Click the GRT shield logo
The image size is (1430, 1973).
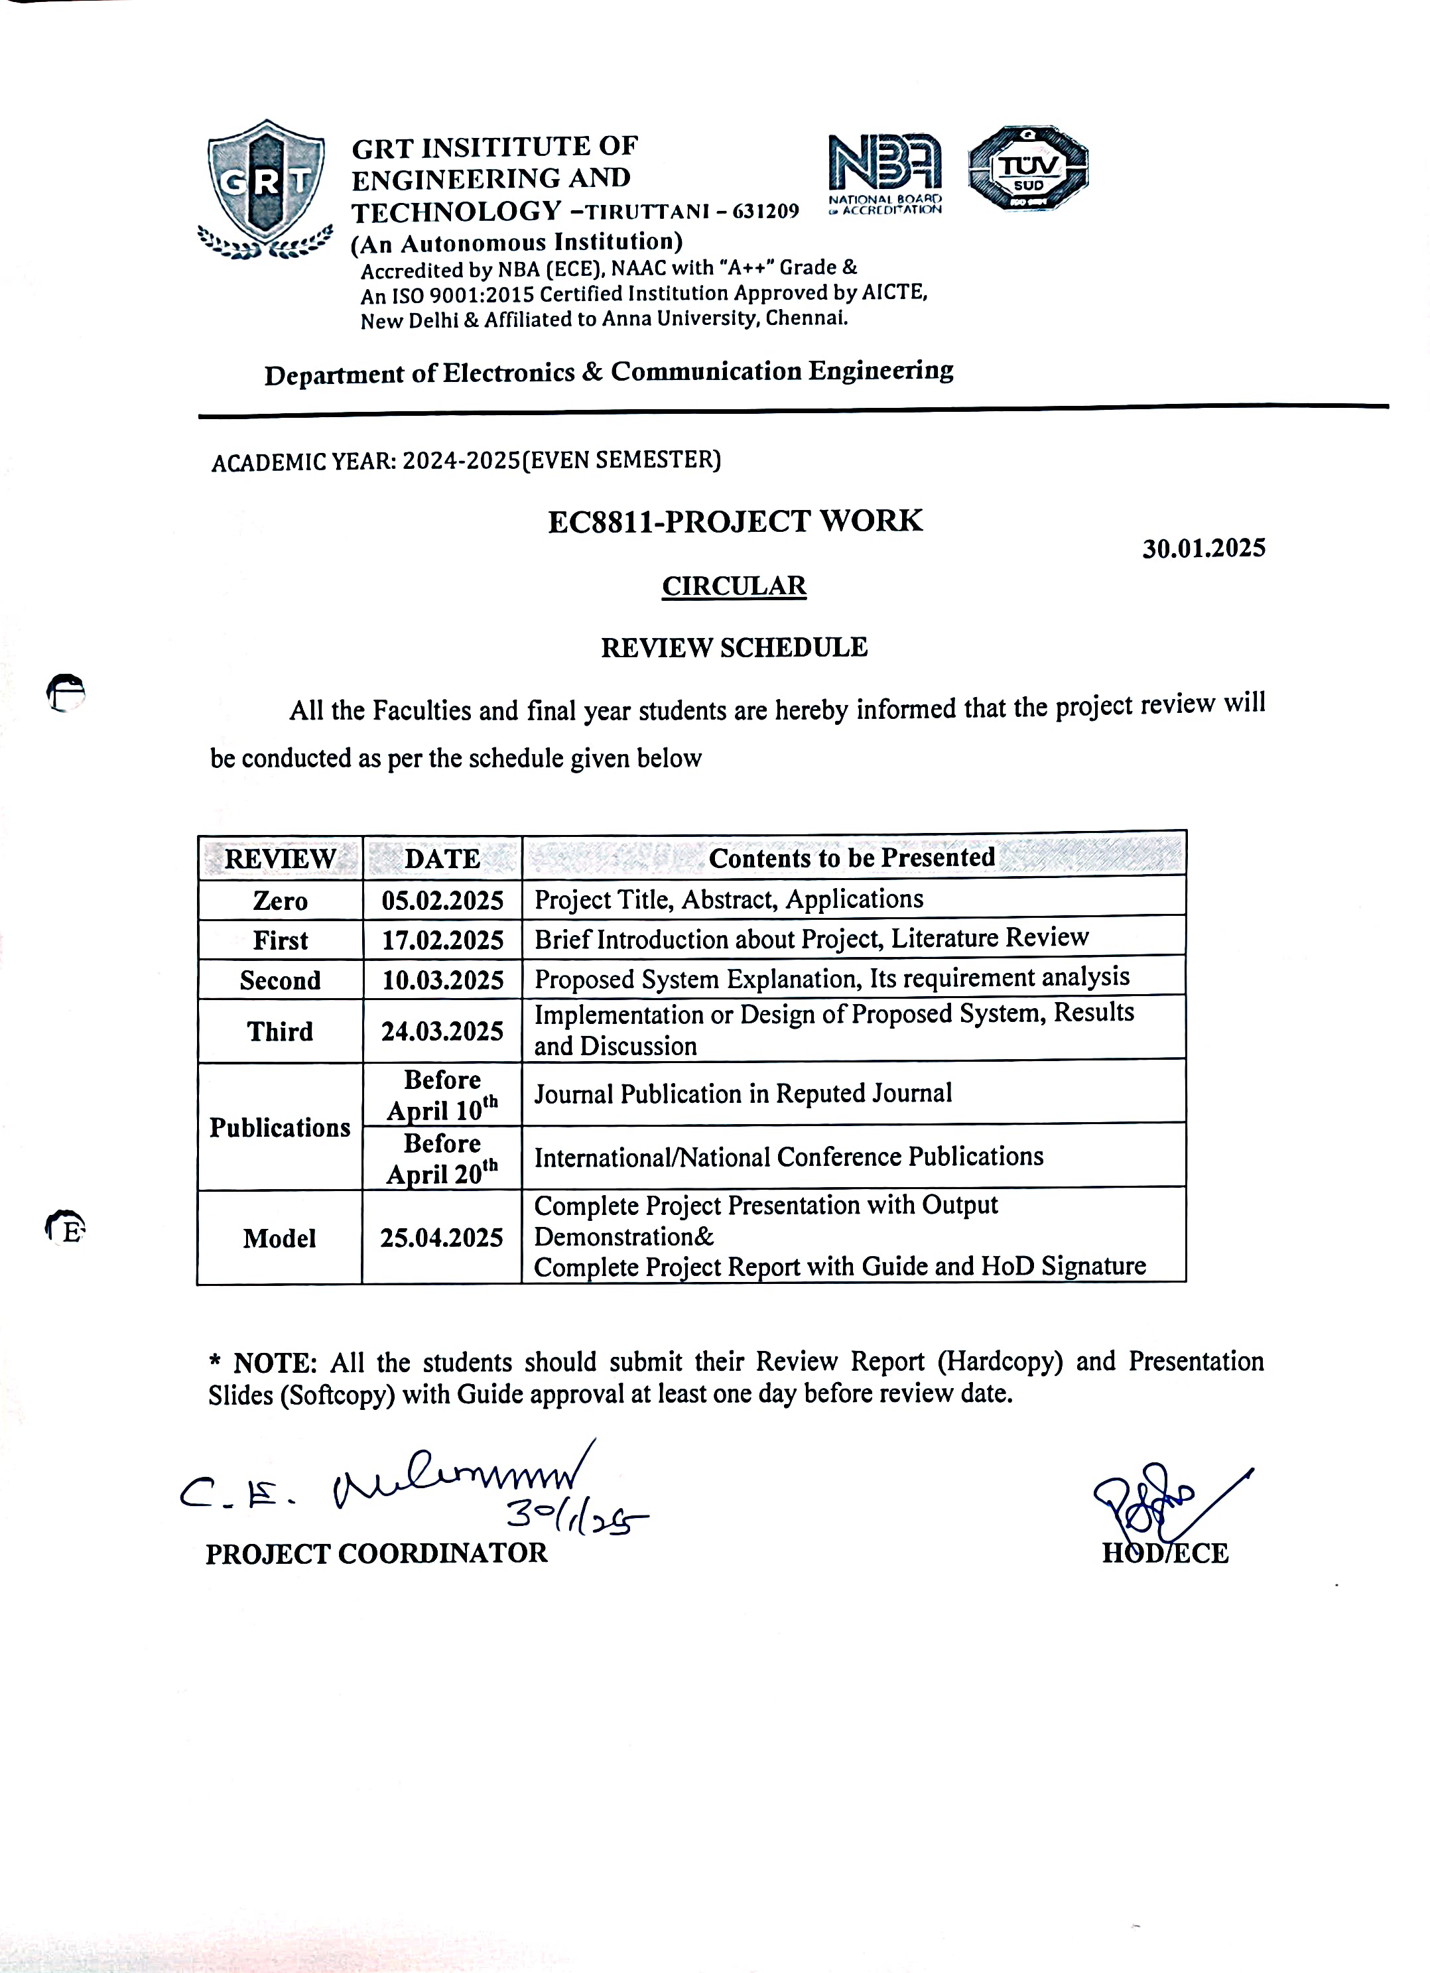pyautogui.click(x=266, y=188)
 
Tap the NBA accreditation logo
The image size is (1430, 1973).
pyautogui.click(x=885, y=172)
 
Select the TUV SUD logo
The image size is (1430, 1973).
pyautogui.click(x=1028, y=168)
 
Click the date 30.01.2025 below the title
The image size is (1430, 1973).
pyautogui.click(x=1203, y=548)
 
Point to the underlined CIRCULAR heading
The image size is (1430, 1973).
pyautogui.click(x=734, y=586)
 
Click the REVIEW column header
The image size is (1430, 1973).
pyautogui.click(x=280, y=859)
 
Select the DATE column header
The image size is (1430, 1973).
pyautogui.click(x=442, y=859)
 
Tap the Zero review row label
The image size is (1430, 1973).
pyautogui.click(x=280, y=901)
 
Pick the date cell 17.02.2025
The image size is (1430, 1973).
pyautogui.click(x=442, y=940)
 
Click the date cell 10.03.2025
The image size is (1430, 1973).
pyautogui.click(x=442, y=980)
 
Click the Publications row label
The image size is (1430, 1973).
pyautogui.click(x=280, y=1127)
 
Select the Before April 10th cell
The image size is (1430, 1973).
pyautogui.click(x=442, y=1095)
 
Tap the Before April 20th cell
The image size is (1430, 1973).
pyautogui.click(x=442, y=1159)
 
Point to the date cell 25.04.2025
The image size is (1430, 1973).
pyautogui.click(x=442, y=1238)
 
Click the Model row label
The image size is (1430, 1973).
pyautogui.click(x=280, y=1238)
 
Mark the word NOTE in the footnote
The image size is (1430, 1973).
pyautogui.click(x=274, y=1362)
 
